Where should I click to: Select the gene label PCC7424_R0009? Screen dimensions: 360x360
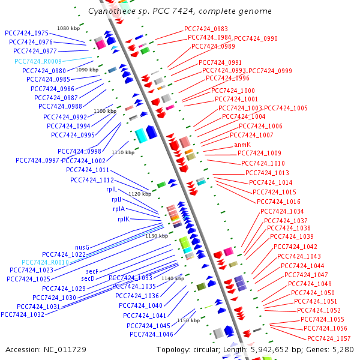click(38, 61)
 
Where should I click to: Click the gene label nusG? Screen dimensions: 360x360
click(82, 247)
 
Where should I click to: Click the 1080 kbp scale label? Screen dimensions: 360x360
click(68, 28)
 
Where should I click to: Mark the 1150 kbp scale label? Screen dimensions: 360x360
click(188, 320)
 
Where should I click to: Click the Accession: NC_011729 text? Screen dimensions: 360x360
click(46, 349)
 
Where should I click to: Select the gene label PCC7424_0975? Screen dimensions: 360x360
click(26, 33)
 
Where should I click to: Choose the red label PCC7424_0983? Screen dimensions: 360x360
click(206, 29)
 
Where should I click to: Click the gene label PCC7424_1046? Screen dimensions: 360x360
click(151, 334)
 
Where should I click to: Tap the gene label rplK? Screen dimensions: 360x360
click(123, 219)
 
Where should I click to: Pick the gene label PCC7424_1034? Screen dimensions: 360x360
click(282, 211)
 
